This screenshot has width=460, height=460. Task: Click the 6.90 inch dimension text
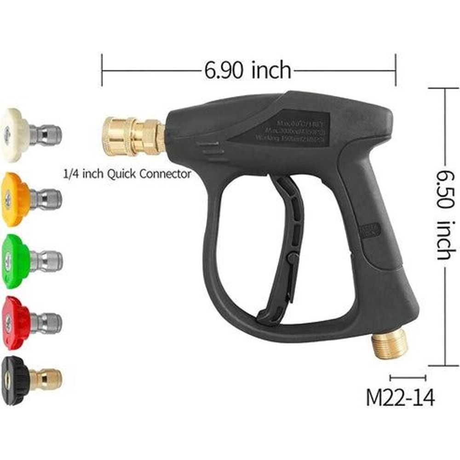[248, 70]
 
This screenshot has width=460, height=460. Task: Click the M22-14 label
[400, 398]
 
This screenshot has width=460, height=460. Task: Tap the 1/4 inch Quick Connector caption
[127, 174]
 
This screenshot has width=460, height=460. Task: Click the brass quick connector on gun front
[133, 136]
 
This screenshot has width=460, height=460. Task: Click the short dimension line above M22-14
[408, 378]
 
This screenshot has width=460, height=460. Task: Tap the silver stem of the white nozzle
[46, 134]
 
